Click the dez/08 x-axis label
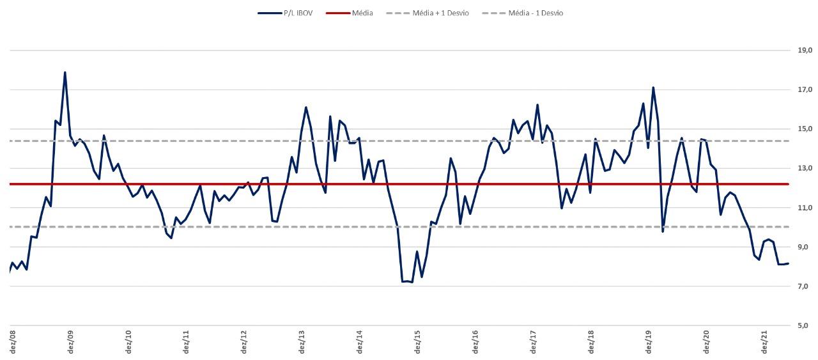[x=13, y=341]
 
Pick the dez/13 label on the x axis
[x=302, y=341]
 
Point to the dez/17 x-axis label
[x=533, y=341]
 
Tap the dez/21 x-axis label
[x=764, y=341]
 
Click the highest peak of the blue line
[x=65, y=72]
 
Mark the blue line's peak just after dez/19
[x=652, y=88]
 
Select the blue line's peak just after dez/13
[x=306, y=107]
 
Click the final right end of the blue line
[x=788, y=263]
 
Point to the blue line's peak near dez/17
[x=537, y=105]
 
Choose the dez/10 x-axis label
[x=128, y=341]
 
